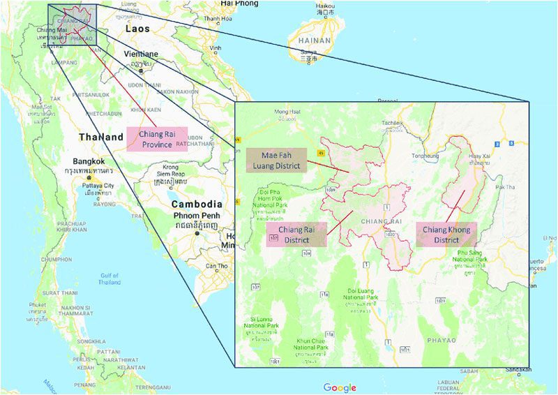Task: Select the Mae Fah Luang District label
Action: [x=276, y=160]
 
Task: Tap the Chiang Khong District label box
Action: [x=446, y=234]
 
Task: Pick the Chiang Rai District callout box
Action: [x=296, y=235]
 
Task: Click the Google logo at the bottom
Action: [x=340, y=387]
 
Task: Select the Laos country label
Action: [x=137, y=29]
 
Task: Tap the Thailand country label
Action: [x=100, y=137]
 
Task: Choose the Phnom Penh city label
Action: [x=197, y=217]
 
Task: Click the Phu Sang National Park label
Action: [x=472, y=255]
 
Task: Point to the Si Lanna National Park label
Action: [x=262, y=322]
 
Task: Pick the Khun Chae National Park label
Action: [x=311, y=343]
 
